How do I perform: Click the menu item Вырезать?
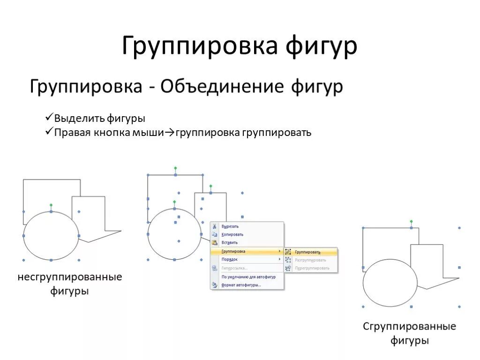[230, 226]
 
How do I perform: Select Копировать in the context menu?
[232, 234]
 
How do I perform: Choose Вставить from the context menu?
[230, 243]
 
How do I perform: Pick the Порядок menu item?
[230, 259]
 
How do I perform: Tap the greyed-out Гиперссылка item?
[234, 268]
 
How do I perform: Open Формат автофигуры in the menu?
[241, 285]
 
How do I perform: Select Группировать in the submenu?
[307, 252]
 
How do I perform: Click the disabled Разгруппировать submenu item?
[310, 260]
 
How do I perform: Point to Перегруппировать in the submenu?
[312, 268]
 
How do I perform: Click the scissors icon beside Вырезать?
[215, 226]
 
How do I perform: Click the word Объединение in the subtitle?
[223, 87]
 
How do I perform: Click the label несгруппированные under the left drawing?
[70, 277]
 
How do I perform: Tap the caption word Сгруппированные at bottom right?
[409, 326]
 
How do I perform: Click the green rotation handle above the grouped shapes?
[411, 221]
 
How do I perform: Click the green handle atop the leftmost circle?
[51, 205]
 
